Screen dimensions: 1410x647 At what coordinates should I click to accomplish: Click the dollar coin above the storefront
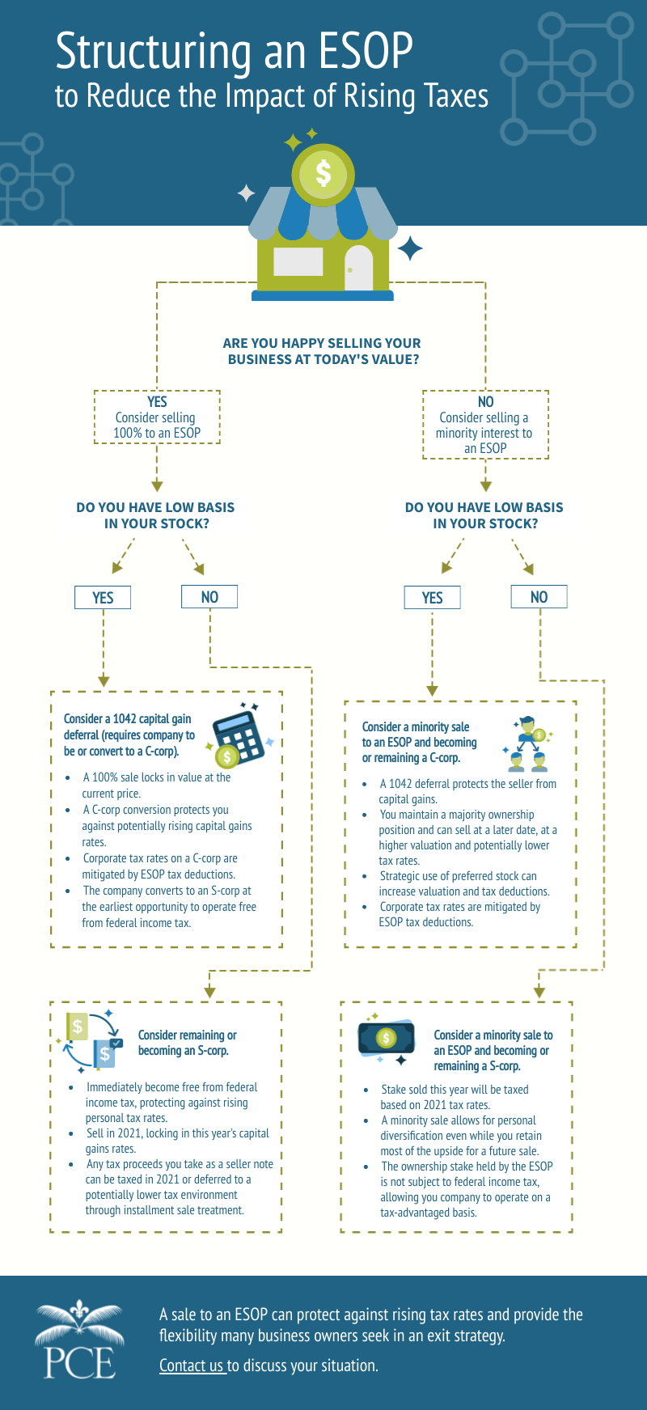click(x=323, y=173)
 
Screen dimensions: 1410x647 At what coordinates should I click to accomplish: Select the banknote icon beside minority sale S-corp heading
click(x=387, y=1038)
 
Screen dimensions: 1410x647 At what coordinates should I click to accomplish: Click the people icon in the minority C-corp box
click(x=528, y=743)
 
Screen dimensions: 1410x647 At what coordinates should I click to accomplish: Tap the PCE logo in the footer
click(x=78, y=1339)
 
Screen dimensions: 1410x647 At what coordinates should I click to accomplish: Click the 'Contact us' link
click(x=192, y=1366)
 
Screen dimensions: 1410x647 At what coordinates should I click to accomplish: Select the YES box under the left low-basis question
click(x=103, y=597)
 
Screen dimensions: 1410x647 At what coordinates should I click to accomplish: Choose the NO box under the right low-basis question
click(x=539, y=597)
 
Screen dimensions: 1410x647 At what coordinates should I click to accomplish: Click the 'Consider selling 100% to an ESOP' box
click(x=157, y=417)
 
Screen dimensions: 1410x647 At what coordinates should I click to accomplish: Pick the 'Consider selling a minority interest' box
click(x=485, y=426)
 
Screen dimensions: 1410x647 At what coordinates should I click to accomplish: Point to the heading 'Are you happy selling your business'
click(x=322, y=351)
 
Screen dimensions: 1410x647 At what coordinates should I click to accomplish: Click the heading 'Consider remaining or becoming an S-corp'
click(x=187, y=1043)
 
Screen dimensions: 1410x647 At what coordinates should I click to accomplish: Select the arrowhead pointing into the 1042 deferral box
click(x=104, y=681)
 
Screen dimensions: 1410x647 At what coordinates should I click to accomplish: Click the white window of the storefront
click(x=298, y=262)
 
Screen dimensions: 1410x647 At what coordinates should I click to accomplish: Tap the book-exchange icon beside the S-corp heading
click(x=91, y=1040)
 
